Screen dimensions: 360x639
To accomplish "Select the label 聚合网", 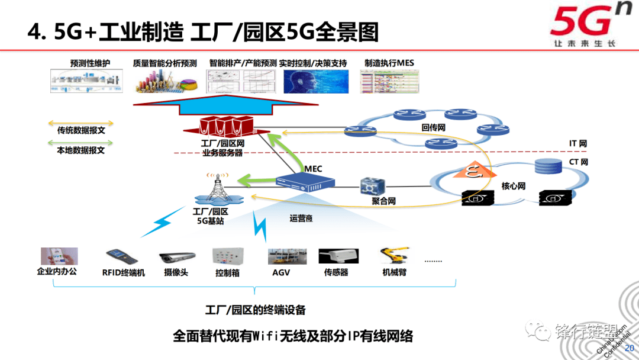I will [x=383, y=201].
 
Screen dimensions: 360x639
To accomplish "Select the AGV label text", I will [x=281, y=273].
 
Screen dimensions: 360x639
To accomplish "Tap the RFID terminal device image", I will [x=122, y=256].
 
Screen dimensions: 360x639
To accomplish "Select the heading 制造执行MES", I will [x=389, y=63].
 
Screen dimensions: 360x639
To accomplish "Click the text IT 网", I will [x=578, y=144].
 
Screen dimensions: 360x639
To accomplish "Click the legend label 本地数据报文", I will [x=81, y=150].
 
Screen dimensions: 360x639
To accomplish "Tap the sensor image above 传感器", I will [x=338, y=256].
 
